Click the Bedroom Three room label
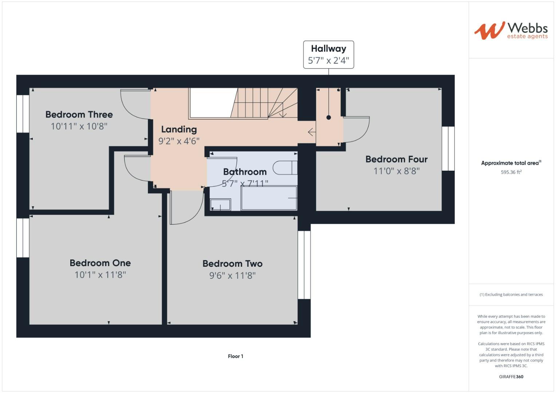pyautogui.click(x=79, y=115)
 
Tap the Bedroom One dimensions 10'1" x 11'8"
pyautogui.click(x=100, y=275)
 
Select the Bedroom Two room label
pyautogui.click(x=232, y=263)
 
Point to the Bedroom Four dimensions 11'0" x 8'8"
pyautogui.click(x=397, y=171)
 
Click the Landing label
pyautogui.click(x=179, y=130)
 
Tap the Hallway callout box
pyautogui.click(x=328, y=55)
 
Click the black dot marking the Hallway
pyautogui.click(x=329, y=118)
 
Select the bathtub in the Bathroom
pyautogui.click(x=269, y=198)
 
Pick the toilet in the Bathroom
pyautogui.click(x=285, y=168)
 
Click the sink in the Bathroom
pyautogui.click(x=220, y=205)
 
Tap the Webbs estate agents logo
pyautogui.click(x=511, y=31)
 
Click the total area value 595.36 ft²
pyautogui.click(x=511, y=172)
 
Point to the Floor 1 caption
pyautogui.click(x=235, y=356)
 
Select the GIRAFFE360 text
pyautogui.click(x=511, y=377)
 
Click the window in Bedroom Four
pyautogui.click(x=448, y=148)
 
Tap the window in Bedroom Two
pyautogui.click(x=304, y=265)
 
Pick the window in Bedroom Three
pyautogui.click(x=23, y=114)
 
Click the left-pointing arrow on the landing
pyautogui.click(x=312, y=132)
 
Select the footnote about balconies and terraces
pyautogui.click(x=511, y=294)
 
